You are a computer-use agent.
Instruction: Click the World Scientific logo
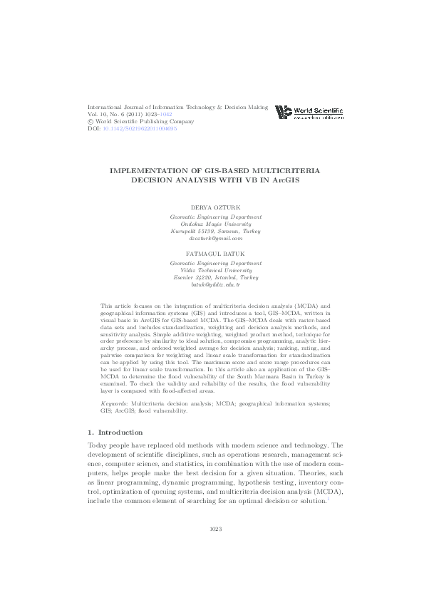(309, 112)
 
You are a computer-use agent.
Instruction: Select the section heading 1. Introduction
(115, 432)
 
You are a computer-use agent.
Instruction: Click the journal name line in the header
(177, 107)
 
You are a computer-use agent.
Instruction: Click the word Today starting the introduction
(98, 445)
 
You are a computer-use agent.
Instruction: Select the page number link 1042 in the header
(165, 114)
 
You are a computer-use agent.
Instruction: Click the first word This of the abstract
(108, 324)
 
